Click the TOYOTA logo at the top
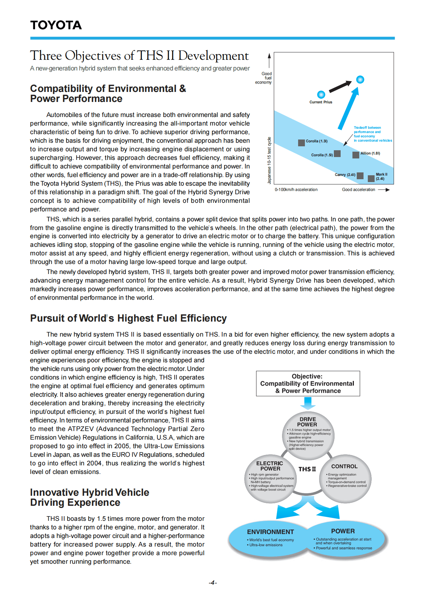click(x=56, y=25)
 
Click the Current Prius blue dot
click(x=321, y=94)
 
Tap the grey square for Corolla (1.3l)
click(x=301, y=142)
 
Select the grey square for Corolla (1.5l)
click(x=337, y=153)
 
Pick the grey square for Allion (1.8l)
click(x=356, y=155)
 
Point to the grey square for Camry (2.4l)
click(x=360, y=175)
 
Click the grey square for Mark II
click(x=371, y=178)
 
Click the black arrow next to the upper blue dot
click(x=340, y=86)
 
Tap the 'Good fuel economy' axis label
click(x=265, y=78)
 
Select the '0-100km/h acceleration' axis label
click(x=296, y=190)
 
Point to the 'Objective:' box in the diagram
click(x=308, y=383)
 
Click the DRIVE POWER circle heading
click(x=307, y=422)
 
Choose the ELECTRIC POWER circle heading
click(x=270, y=466)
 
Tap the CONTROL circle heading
click(x=344, y=466)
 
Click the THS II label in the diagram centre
click(x=307, y=469)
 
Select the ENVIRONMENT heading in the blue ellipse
click(x=270, y=532)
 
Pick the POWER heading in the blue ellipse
click(x=343, y=531)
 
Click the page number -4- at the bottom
click(x=213, y=583)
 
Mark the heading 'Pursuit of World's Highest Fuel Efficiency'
click(x=128, y=318)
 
